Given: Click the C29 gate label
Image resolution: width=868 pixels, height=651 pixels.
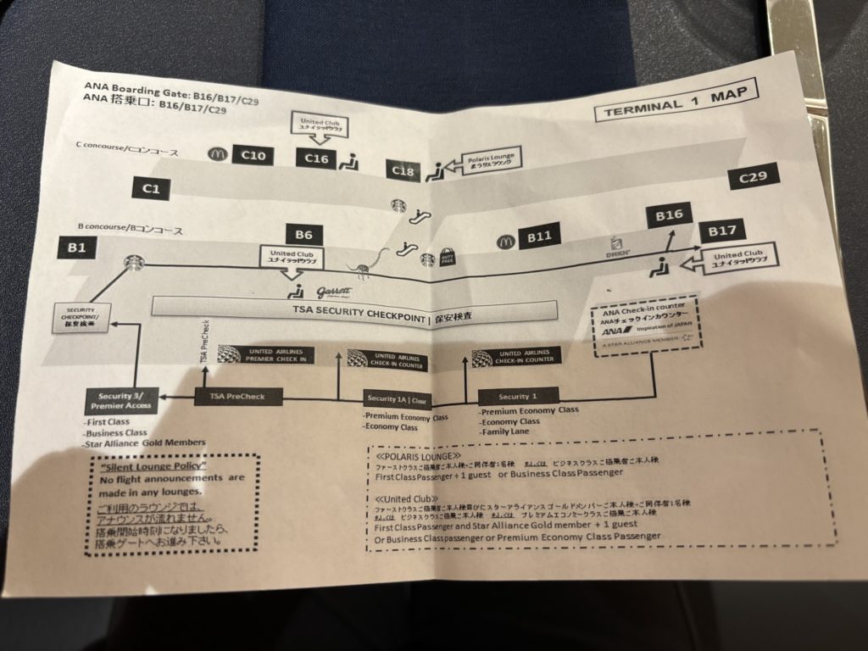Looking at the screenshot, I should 753,177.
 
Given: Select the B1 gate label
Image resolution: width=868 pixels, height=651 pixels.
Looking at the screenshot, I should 77,248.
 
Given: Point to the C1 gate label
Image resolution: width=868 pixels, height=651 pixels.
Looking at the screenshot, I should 151,189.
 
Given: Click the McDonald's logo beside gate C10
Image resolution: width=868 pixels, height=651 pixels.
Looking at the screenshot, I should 216,154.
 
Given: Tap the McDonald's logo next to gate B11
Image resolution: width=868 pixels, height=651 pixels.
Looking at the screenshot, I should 506,241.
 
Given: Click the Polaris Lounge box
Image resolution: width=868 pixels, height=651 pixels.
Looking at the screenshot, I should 490,161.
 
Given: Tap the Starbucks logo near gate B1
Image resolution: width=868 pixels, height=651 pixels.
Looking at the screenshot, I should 133,263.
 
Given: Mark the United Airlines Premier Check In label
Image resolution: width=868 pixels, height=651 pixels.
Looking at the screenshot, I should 265,354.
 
